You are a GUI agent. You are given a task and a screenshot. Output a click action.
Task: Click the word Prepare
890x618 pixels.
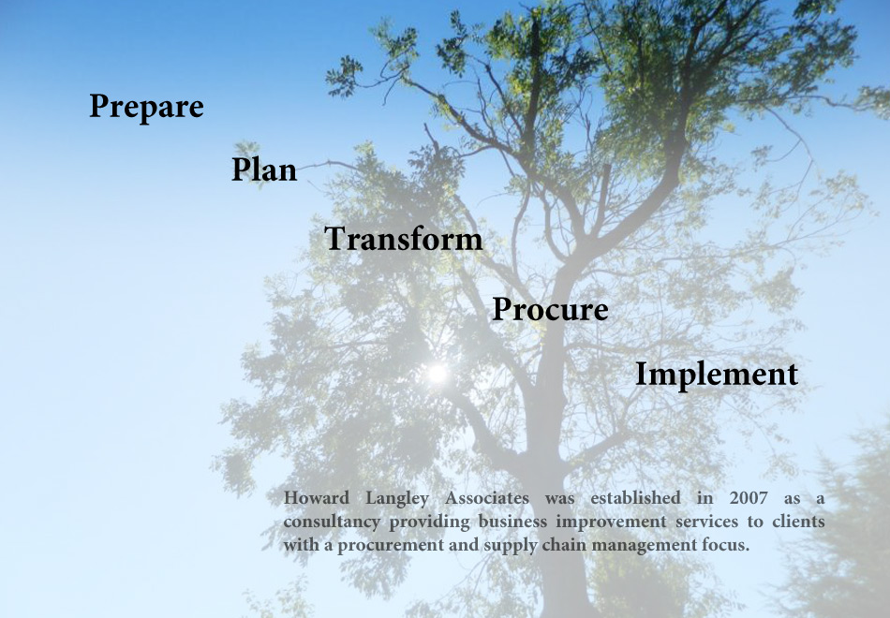(x=146, y=108)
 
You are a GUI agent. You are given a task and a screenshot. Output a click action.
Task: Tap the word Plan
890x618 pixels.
(x=264, y=169)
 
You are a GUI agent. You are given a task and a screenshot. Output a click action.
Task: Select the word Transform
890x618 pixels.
(x=403, y=239)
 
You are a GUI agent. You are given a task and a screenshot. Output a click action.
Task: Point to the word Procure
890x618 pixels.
(x=550, y=309)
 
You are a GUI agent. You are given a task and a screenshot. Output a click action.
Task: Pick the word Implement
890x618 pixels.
(x=717, y=375)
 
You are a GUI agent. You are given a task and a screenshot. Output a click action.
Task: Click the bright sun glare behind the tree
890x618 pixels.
(x=438, y=374)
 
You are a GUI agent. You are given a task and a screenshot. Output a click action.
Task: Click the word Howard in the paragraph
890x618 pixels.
(x=316, y=498)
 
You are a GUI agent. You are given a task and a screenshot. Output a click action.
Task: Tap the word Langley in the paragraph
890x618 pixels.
(x=397, y=499)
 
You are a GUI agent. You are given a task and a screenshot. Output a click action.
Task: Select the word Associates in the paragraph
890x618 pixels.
(x=486, y=498)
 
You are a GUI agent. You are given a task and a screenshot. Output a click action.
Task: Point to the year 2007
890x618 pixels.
(x=749, y=498)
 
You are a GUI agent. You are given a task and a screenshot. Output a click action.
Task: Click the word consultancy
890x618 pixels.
(x=332, y=522)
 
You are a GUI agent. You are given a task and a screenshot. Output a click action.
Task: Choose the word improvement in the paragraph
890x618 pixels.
(x=611, y=522)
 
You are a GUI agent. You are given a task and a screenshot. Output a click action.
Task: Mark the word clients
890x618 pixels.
(x=798, y=521)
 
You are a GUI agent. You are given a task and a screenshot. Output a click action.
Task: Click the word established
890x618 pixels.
(x=635, y=498)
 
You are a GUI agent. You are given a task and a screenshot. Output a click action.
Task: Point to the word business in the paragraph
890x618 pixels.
(x=512, y=521)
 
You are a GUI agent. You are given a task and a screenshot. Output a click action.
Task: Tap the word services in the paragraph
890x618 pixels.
(x=706, y=521)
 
